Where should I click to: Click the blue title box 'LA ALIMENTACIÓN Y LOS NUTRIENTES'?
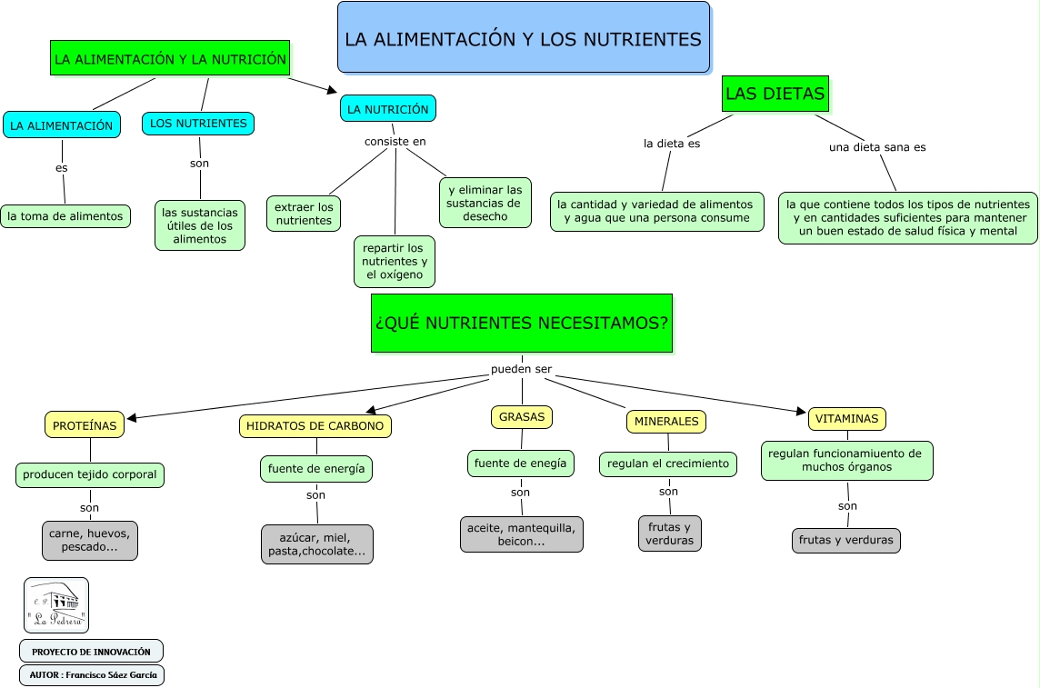coord(523,37)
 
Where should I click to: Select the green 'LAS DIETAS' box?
coord(775,94)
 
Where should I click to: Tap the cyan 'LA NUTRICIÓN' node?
coord(387,109)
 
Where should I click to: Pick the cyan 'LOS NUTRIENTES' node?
coord(198,124)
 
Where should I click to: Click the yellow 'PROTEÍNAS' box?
coord(85,424)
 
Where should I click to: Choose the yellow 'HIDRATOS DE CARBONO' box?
coord(315,425)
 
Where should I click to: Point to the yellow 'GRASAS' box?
coord(522,417)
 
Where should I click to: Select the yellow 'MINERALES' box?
coord(666,422)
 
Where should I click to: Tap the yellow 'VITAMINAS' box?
coord(846,419)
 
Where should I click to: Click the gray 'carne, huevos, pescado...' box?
coord(90,540)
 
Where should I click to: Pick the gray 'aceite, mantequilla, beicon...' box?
coord(521,534)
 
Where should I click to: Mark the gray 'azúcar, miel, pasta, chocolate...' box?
coord(316,544)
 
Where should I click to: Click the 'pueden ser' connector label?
coord(521,370)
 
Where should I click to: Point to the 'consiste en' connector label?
coord(395,141)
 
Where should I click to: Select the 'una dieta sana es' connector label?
coord(877,147)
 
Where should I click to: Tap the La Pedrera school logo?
coord(56,605)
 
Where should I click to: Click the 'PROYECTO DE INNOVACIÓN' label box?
coord(91,652)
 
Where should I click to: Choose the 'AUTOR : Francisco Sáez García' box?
coord(92,675)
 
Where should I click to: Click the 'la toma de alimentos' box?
coord(65,216)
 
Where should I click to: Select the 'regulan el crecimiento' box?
coord(668,464)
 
